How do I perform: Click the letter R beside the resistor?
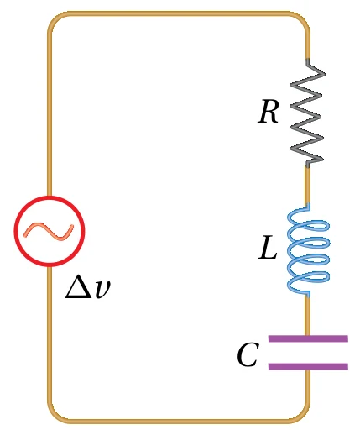click(x=268, y=112)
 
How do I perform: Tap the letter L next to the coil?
click(x=268, y=248)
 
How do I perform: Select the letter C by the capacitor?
click(x=248, y=355)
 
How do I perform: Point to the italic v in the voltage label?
click(x=102, y=289)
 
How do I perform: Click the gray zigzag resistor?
click(x=307, y=112)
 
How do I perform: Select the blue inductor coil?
click(x=308, y=250)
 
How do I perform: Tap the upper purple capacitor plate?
click(x=308, y=338)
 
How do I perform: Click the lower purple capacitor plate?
click(x=308, y=366)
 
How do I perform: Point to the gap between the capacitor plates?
click(x=308, y=353)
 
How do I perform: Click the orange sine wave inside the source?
click(x=49, y=231)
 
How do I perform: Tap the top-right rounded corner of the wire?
click(x=303, y=18)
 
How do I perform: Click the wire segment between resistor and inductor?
click(x=307, y=185)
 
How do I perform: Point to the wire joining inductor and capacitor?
click(x=307, y=316)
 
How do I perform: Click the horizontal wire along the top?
click(x=179, y=13)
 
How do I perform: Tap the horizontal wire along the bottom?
click(x=179, y=421)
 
